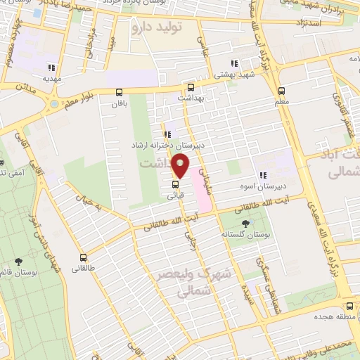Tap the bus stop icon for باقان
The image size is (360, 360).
tap(118, 92)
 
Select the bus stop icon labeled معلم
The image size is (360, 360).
tap(281, 91)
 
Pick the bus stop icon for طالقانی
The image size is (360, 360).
tap(84, 257)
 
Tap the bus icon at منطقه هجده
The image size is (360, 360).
tap(349, 306)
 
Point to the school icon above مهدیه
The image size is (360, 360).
tap(51, 67)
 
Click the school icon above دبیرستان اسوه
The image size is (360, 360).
tap(263, 176)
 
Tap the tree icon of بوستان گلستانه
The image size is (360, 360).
tap(245, 223)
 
